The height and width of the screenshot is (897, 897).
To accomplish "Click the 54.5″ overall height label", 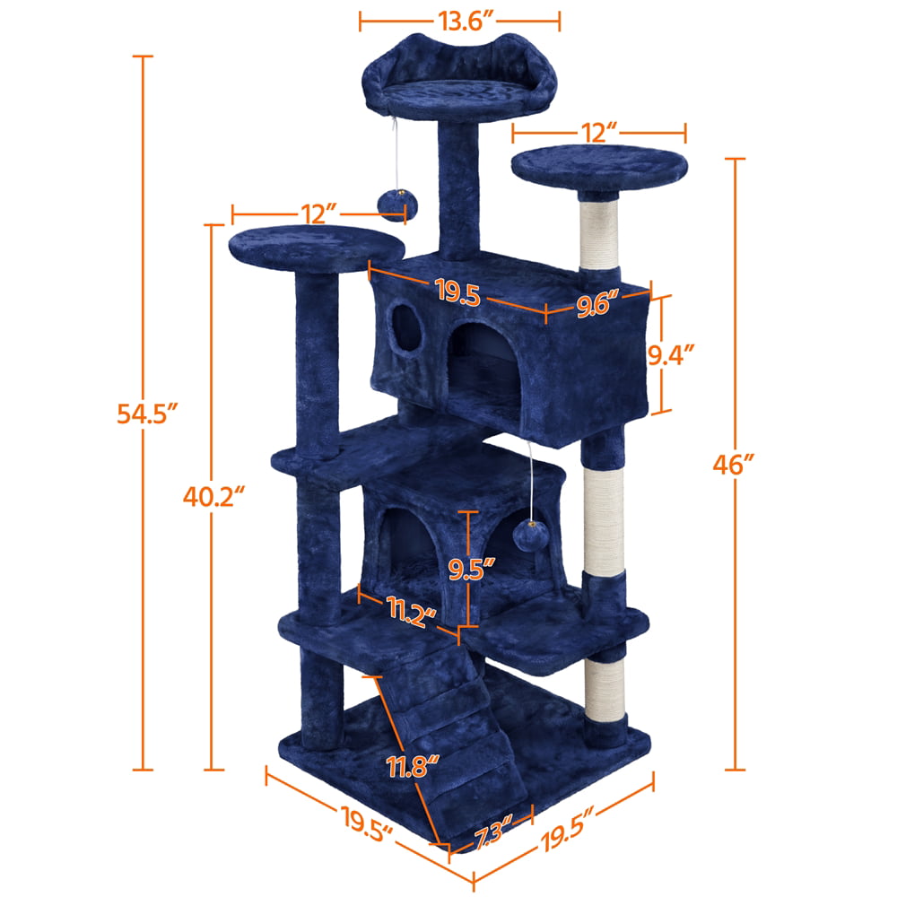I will [x=147, y=414].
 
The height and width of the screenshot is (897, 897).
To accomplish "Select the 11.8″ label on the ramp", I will [x=414, y=766].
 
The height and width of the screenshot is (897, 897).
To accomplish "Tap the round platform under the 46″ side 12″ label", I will [x=599, y=167].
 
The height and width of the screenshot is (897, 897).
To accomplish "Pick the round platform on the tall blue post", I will [x=319, y=246].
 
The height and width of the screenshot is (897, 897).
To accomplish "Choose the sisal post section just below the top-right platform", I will [x=600, y=235].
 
